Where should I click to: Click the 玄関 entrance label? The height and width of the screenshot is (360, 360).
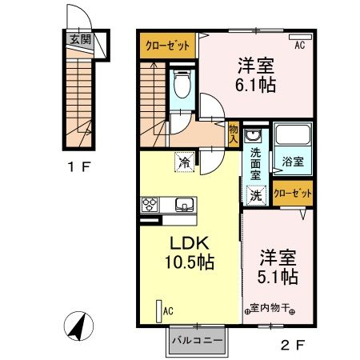point(77,38)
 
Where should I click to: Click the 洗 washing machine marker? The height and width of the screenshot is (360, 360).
point(255,193)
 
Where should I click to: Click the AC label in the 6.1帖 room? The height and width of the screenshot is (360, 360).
point(299,46)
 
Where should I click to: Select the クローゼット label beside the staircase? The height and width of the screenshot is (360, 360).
point(167,46)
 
